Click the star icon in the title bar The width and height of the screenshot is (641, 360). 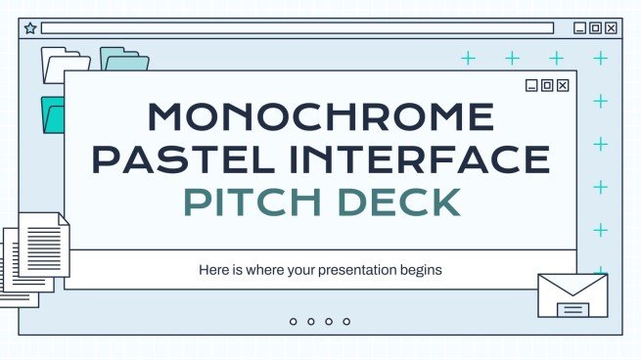coord(29,28)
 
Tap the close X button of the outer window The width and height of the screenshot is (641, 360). coord(612,28)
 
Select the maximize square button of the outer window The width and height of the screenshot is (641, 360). coord(595,28)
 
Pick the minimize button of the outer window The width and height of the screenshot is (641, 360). coord(579,28)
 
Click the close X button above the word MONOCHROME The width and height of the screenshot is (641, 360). coord(563,85)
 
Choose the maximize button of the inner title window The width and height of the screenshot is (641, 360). coord(547,85)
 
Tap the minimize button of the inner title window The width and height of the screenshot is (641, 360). coord(531,85)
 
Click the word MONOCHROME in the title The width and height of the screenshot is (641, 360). coord(319,117)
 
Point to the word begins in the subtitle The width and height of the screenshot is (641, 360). coord(422,269)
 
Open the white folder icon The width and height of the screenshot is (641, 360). coord(65,65)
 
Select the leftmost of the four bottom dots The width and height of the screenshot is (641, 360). coord(293,321)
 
